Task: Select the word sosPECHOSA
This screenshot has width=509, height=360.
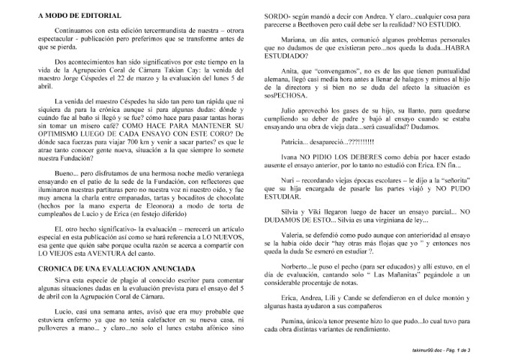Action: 283,96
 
